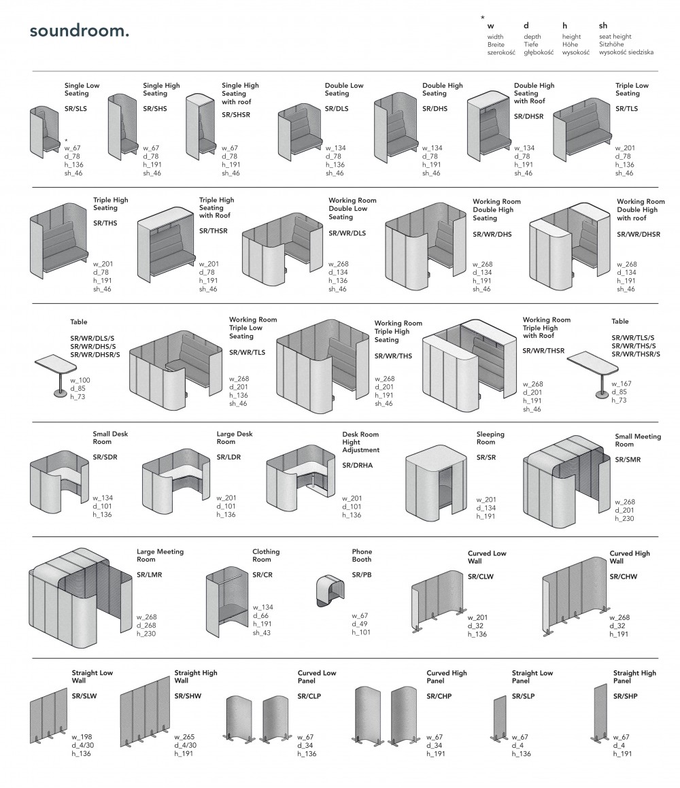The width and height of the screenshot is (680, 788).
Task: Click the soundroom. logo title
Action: (79, 32)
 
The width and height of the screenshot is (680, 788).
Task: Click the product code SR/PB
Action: (362, 575)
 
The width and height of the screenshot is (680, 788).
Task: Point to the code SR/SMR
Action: (628, 460)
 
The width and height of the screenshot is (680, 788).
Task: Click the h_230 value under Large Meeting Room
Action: (147, 634)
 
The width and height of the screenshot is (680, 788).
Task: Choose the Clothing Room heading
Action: (266, 555)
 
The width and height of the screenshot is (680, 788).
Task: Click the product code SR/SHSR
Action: (236, 116)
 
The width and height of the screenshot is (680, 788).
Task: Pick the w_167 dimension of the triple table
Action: (622, 384)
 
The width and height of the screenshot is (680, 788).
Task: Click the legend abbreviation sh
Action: (603, 26)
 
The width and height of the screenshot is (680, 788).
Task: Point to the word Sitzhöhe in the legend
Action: (612, 44)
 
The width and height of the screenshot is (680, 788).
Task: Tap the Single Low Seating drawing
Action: (44, 131)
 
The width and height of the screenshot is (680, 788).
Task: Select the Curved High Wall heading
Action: (629, 557)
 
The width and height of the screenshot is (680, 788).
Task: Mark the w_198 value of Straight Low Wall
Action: (82, 737)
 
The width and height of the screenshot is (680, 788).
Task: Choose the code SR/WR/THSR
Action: (543, 351)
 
